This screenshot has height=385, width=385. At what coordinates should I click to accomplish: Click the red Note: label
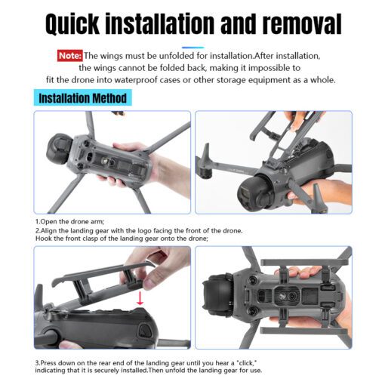tap(69, 56)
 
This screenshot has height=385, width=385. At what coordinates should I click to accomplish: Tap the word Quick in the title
tap(72, 24)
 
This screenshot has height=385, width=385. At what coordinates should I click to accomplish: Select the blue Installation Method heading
tap(82, 97)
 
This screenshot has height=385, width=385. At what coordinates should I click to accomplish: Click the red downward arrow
tap(140, 298)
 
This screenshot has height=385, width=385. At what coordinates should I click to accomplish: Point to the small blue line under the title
tap(192, 48)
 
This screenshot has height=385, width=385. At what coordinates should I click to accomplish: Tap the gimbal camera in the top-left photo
tap(58, 149)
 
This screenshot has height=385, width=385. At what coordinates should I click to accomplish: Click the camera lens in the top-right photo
tap(247, 194)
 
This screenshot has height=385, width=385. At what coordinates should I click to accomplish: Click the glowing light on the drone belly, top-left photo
tap(104, 160)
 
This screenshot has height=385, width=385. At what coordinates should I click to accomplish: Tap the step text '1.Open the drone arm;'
tap(69, 222)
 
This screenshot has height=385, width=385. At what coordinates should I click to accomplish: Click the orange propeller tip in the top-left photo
tap(118, 113)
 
